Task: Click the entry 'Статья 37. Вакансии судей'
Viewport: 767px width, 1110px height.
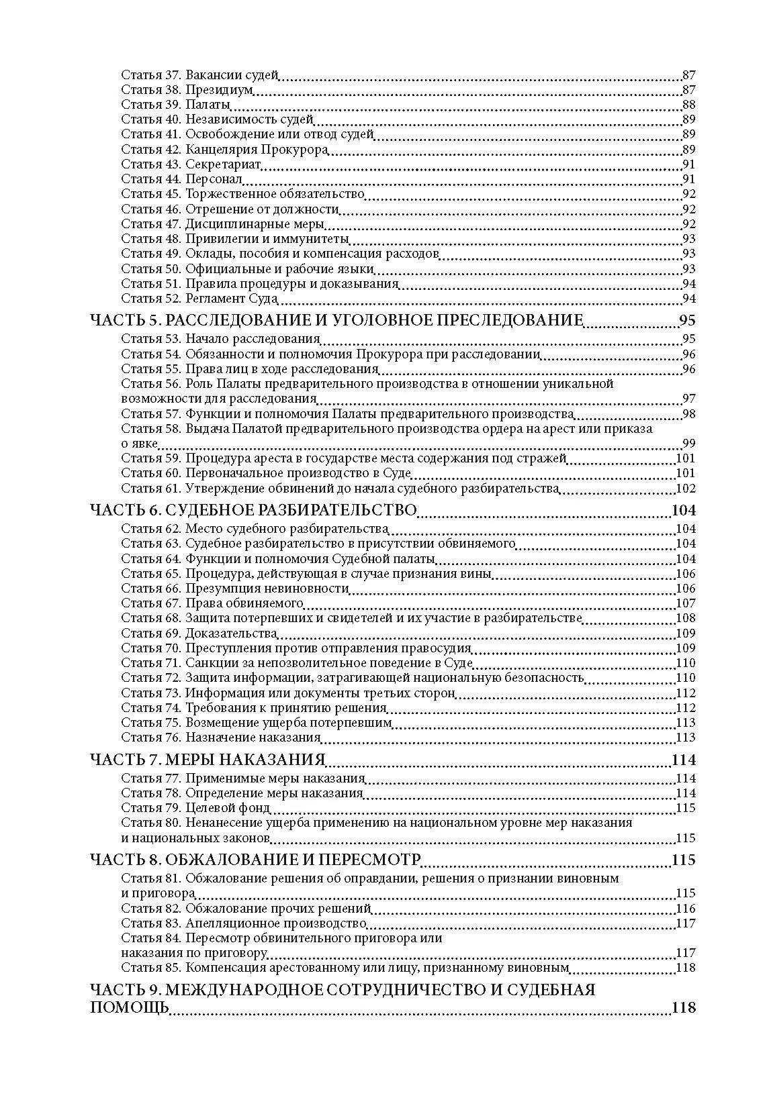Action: click(x=199, y=75)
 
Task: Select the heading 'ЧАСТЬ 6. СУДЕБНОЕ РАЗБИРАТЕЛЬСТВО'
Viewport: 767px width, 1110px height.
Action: click(x=253, y=510)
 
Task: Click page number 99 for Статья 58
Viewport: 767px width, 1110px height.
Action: click(x=688, y=443)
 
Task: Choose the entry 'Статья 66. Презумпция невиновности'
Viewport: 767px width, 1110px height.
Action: click(x=235, y=589)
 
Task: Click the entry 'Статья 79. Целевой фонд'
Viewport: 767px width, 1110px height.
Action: click(x=195, y=808)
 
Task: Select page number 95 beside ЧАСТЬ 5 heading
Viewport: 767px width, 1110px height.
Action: click(x=687, y=319)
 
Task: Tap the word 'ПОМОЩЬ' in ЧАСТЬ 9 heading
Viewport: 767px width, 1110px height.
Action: click(x=128, y=1008)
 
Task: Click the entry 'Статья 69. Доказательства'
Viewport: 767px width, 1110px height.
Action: click(x=199, y=633)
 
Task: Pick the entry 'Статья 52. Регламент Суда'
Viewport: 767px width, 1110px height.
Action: click(x=199, y=299)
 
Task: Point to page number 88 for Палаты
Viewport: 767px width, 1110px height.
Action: click(x=688, y=105)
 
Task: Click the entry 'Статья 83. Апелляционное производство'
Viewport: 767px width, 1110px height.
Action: click(x=238, y=923)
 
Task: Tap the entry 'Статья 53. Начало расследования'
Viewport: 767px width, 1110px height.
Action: click(x=220, y=339)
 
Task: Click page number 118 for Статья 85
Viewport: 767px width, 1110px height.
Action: click(x=686, y=968)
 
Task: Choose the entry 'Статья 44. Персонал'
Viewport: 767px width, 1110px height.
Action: click(x=181, y=179)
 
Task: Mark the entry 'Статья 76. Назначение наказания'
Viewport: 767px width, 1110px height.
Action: click(x=221, y=738)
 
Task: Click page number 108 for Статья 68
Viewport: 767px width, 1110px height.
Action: click(x=686, y=618)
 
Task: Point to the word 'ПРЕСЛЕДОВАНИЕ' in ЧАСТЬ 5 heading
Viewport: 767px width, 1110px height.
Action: click(x=510, y=319)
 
